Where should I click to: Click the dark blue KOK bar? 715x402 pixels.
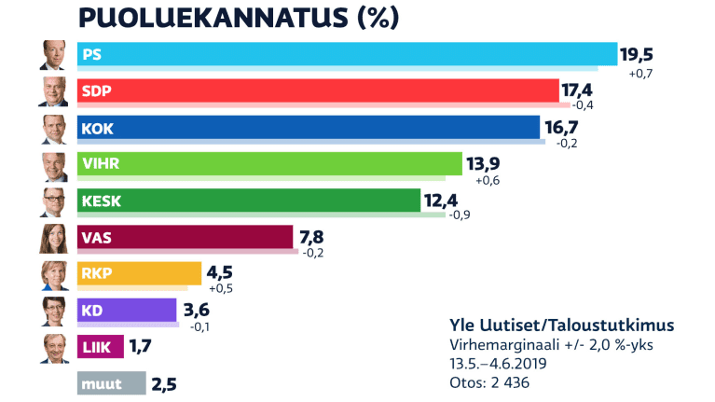(x=308, y=127)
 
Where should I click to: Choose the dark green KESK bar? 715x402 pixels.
(x=248, y=201)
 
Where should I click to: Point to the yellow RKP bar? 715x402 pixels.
(x=139, y=273)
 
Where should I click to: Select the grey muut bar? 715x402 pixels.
(x=112, y=383)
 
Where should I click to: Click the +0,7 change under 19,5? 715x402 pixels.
(x=640, y=74)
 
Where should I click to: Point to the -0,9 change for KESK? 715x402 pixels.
(x=460, y=217)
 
